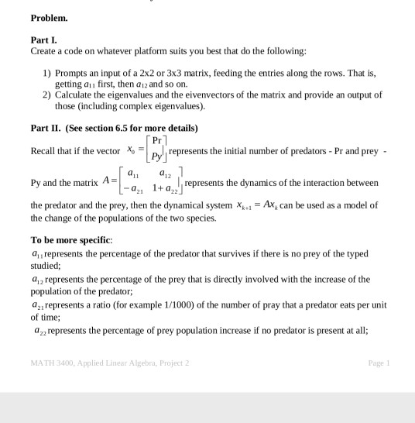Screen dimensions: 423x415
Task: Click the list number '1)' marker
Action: (x=47, y=72)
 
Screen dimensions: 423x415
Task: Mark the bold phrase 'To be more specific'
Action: (x=71, y=240)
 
